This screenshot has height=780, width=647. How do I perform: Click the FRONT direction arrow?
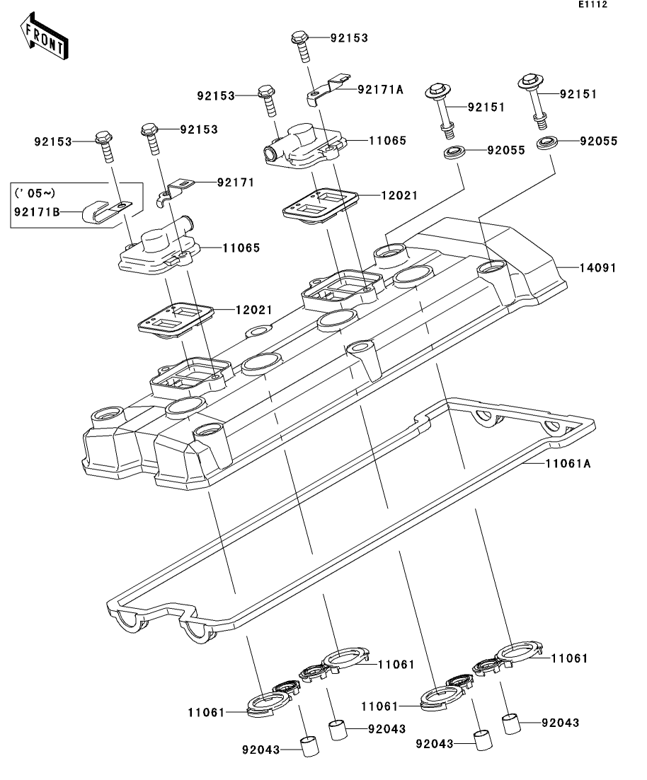[x=45, y=37]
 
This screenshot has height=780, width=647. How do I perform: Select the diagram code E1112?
[x=592, y=4]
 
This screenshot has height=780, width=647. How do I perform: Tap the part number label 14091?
[x=598, y=268]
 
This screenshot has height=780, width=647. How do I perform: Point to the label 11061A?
[x=568, y=464]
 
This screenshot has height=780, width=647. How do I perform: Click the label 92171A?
[x=381, y=90]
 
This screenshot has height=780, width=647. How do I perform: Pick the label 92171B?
[x=37, y=212]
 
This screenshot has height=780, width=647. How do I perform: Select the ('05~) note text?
[x=35, y=193]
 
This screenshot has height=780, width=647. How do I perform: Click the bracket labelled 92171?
[x=175, y=192]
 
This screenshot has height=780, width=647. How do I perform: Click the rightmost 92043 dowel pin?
[x=512, y=724]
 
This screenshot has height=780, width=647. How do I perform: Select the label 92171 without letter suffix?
[x=236, y=182]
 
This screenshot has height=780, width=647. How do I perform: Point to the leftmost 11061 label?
[x=206, y=712]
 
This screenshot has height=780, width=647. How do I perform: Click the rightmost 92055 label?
[x=599, y=141]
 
